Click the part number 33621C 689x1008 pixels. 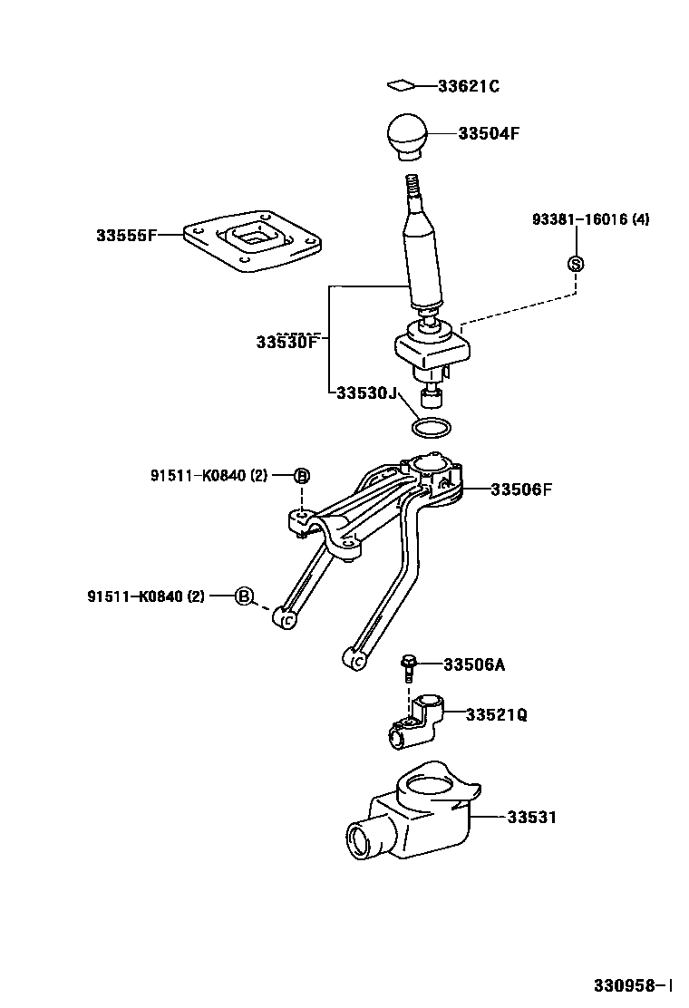click(469, 87)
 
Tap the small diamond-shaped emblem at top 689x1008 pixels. click(400, 86)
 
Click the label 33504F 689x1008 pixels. click(489, 133)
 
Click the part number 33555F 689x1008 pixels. click(127, 236)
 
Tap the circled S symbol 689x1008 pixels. click(575, 264)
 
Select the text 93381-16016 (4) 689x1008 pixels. click(590, 219)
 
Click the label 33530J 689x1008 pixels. click(366, 393)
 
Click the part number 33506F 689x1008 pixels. click(521, 489)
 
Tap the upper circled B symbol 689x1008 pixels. click(302, 476)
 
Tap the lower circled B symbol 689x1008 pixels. click(243, 596)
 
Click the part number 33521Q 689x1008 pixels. click(497, 715)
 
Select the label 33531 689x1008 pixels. click(531, 818)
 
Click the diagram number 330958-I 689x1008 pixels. click(633, 984)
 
